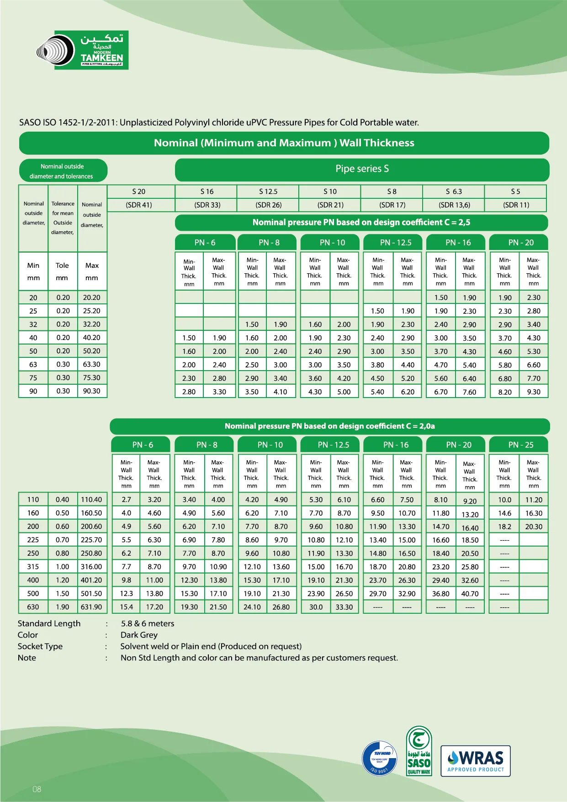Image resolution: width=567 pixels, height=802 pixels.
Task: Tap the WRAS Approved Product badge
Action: point(475,761)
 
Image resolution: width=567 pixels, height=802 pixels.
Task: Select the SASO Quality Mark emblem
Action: point(419,751)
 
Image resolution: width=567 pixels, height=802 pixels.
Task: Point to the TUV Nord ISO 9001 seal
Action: point(379,759)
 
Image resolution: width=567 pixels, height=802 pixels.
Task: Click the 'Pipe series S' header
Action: point(362,169)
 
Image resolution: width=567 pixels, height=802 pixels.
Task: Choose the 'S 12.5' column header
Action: point(268,191)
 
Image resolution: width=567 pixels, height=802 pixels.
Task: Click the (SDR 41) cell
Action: point(139,205)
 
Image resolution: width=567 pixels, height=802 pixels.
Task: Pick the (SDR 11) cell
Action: point(516,205)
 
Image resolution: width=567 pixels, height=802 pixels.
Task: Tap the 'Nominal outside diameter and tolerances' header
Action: point(63,171)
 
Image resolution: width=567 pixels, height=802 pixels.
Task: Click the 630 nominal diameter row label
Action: point(33,607)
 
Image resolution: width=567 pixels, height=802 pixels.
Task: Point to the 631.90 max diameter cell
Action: point(91,607)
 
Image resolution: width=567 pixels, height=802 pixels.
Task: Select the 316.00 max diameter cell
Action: point(91,567)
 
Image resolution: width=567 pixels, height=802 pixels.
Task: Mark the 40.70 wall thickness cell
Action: point(470,594)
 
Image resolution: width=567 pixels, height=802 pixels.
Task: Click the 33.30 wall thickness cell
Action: point(344,607)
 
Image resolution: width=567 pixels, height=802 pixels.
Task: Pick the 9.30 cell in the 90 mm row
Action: point(534,392)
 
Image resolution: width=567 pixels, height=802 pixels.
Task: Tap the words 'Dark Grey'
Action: point(139,635)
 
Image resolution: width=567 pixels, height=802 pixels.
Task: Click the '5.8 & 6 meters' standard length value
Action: point(148,623)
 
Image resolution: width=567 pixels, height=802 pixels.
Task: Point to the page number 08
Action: point(37,789)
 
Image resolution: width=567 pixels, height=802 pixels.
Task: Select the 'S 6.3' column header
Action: point(454,191)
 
